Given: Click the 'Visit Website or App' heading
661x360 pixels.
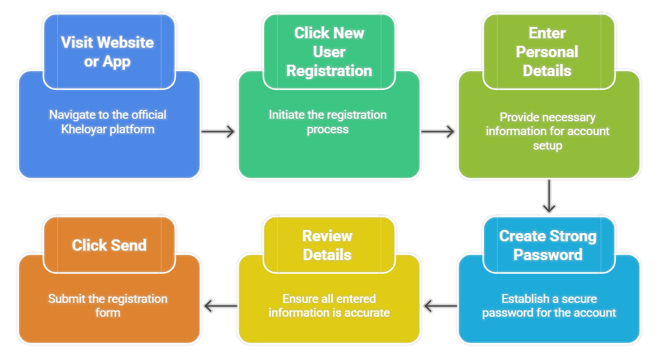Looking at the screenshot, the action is pos(107,52).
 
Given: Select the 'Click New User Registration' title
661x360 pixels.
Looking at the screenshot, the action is pos(329,52).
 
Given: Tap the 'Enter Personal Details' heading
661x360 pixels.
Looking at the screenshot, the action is pos(547,52).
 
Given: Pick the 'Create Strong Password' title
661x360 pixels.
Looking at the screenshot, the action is pos(548,245).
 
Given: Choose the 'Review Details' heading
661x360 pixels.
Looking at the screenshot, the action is pos(327,245).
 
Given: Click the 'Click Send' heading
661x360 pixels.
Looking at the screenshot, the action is pos(109,245).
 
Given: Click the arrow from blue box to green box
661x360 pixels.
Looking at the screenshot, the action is pos(218,131).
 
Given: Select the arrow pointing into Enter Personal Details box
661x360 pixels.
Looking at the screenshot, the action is pos(438,131).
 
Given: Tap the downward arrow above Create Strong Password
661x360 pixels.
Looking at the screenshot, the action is pos(549,196).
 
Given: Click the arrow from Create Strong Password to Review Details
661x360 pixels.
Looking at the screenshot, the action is pos(440,306).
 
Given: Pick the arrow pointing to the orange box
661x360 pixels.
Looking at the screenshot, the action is pos(221,306).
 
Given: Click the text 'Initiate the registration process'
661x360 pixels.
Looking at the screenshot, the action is pos(327,122).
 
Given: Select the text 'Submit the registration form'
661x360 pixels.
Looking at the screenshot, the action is pos(107,305).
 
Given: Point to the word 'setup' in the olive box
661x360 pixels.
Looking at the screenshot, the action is pos(548,146).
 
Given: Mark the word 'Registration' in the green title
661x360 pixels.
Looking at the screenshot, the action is pos(329,71).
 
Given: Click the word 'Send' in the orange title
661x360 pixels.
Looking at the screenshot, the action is pos(128,245).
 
